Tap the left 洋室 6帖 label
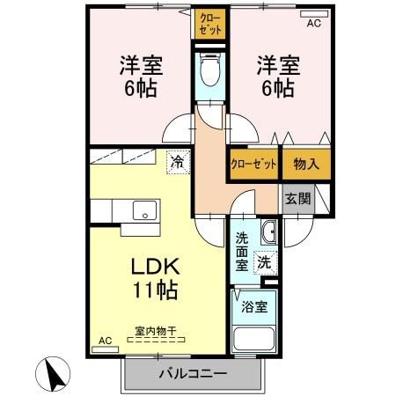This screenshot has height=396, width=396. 139,77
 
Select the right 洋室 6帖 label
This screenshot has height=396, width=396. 275,77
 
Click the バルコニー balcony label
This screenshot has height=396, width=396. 193,372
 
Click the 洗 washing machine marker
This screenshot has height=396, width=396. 264,260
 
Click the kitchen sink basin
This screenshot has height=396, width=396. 143,211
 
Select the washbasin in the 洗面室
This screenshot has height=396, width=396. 269,232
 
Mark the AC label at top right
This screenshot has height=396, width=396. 313,24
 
